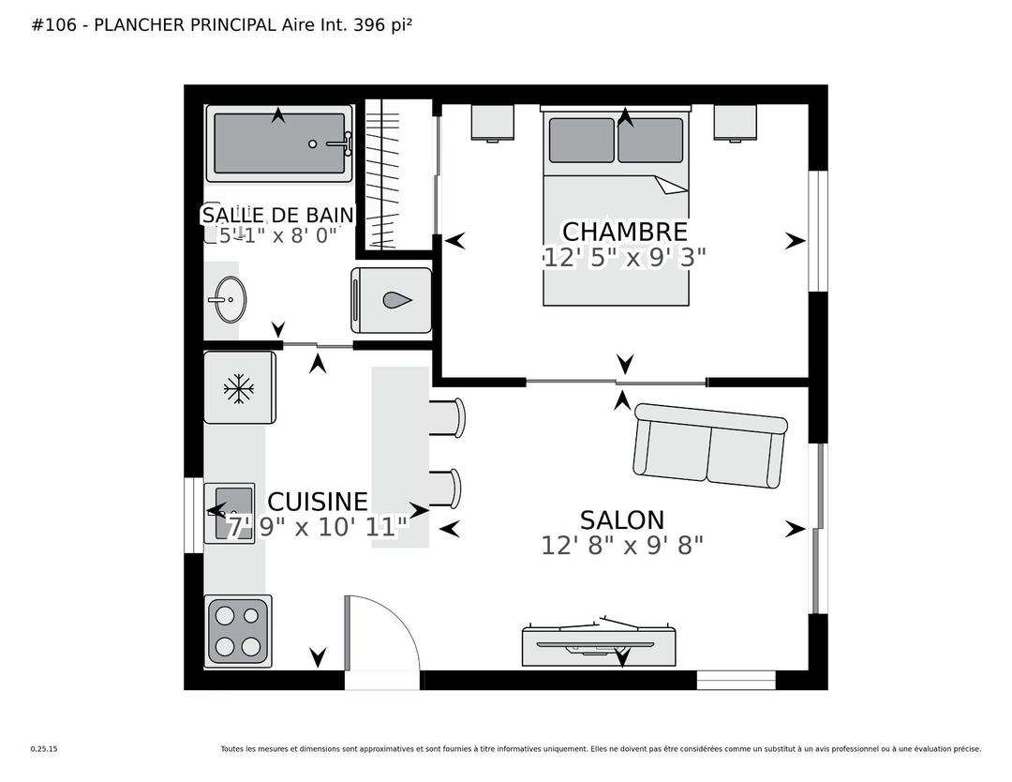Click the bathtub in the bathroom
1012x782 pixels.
279,143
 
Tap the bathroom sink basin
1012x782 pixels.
230,300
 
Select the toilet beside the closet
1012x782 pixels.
391,300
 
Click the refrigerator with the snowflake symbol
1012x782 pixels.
240,387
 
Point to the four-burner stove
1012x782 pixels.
238,631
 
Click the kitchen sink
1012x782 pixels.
231,513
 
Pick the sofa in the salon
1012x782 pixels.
710,445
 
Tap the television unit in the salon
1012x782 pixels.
599,643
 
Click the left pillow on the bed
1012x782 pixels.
582,140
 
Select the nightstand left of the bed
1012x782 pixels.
493,123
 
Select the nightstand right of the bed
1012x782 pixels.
736,123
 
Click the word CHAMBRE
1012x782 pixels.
625,232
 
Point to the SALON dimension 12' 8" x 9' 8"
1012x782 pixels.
622,546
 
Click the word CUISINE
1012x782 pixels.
318,502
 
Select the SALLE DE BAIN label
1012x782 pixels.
278,215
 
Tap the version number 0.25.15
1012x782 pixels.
44,749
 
